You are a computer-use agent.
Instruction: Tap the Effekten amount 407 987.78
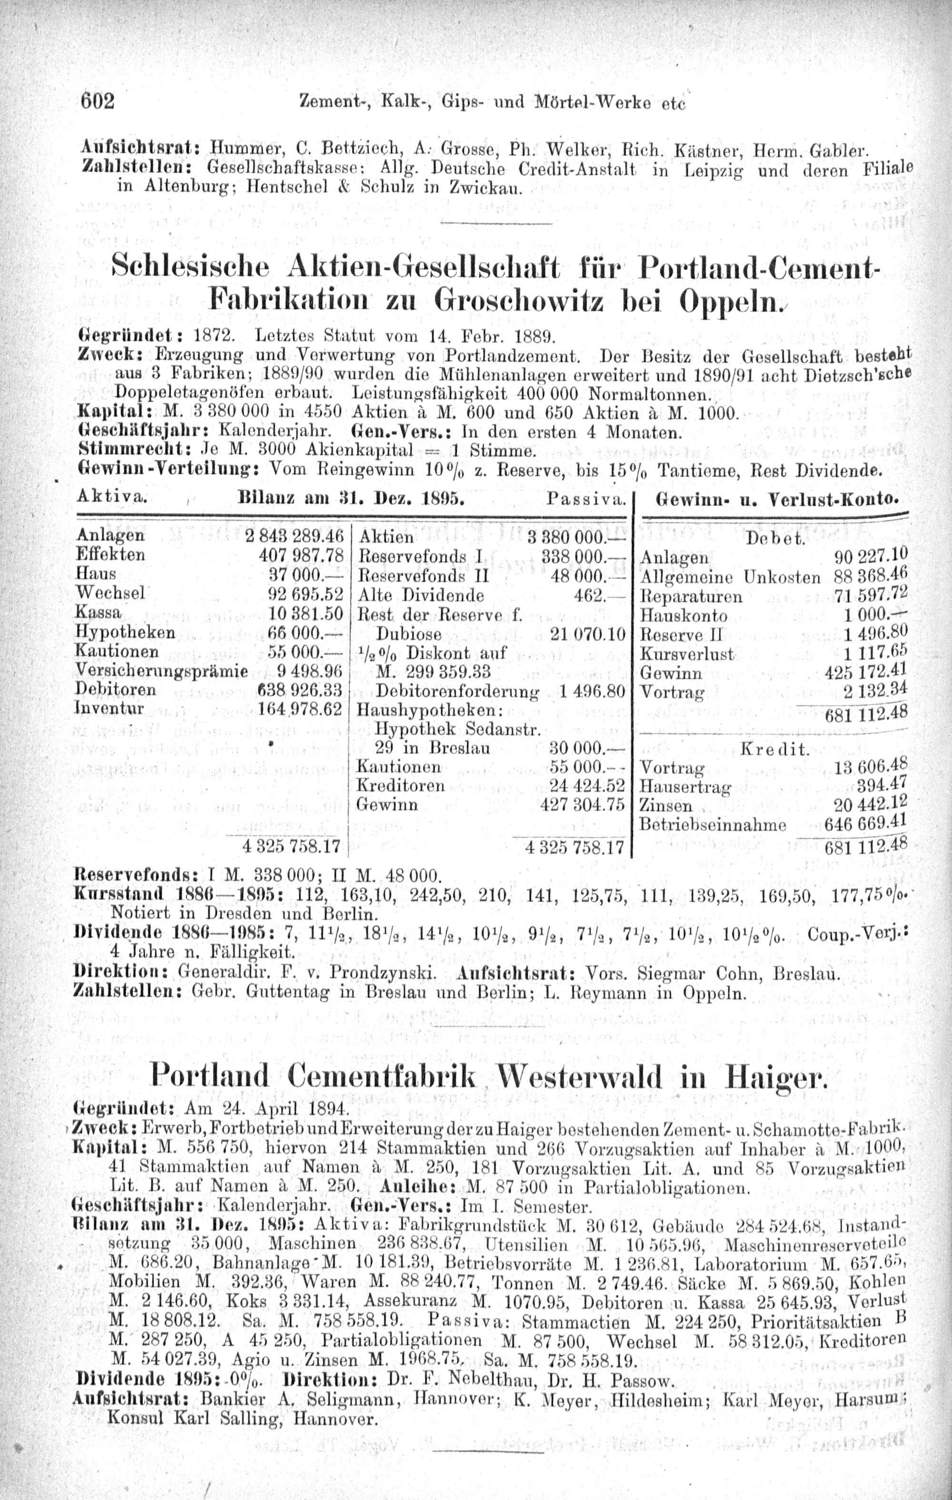tap(301, 555)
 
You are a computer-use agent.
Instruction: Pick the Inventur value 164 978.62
tap(300, 709)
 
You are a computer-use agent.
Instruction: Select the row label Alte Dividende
tap(422, 595)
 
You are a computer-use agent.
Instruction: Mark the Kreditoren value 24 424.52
tap(586, 785)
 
